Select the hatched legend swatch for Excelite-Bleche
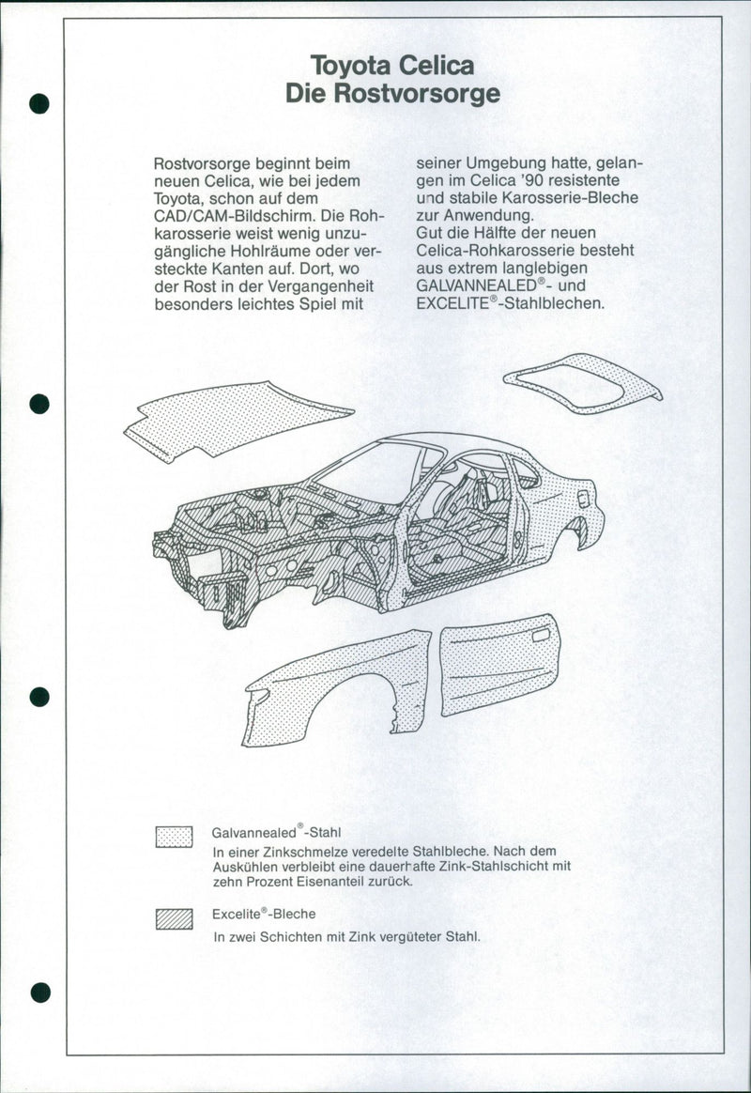click(174, 919)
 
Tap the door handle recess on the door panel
click(542, 636)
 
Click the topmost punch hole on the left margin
click(38, 102)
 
